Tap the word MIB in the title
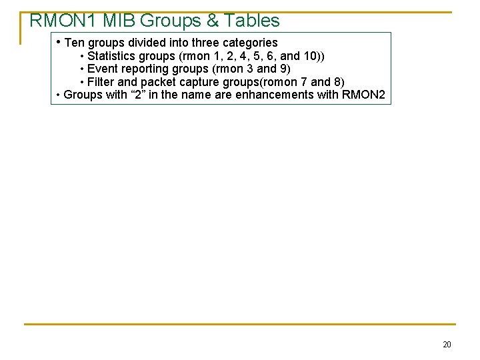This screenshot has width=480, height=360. coord(119,21)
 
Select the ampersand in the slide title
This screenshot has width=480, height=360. coord(213,21)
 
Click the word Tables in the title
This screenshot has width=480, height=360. coord(252,21)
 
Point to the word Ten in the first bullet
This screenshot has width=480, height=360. coord(75,43)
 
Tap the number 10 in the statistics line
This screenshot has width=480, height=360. coord(309,56)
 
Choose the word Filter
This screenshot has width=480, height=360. coord(101,82)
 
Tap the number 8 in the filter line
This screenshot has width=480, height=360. coord(337,82)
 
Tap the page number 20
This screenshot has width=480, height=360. coord(447,345)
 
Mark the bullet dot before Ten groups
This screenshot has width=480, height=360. coord(59,42)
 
